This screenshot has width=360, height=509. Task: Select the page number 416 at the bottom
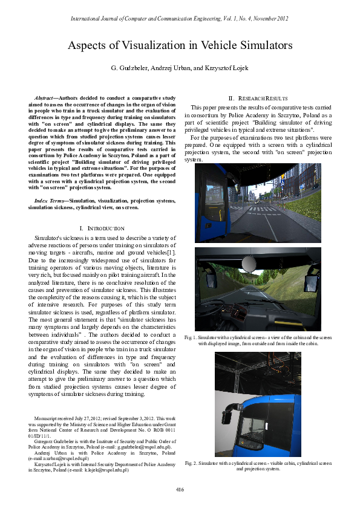(x=180, y=488)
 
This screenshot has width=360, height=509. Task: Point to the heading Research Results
(x=260, y=98)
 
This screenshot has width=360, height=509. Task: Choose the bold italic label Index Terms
(x=50, y=200)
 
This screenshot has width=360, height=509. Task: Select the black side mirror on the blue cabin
(x=228, y=417)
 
